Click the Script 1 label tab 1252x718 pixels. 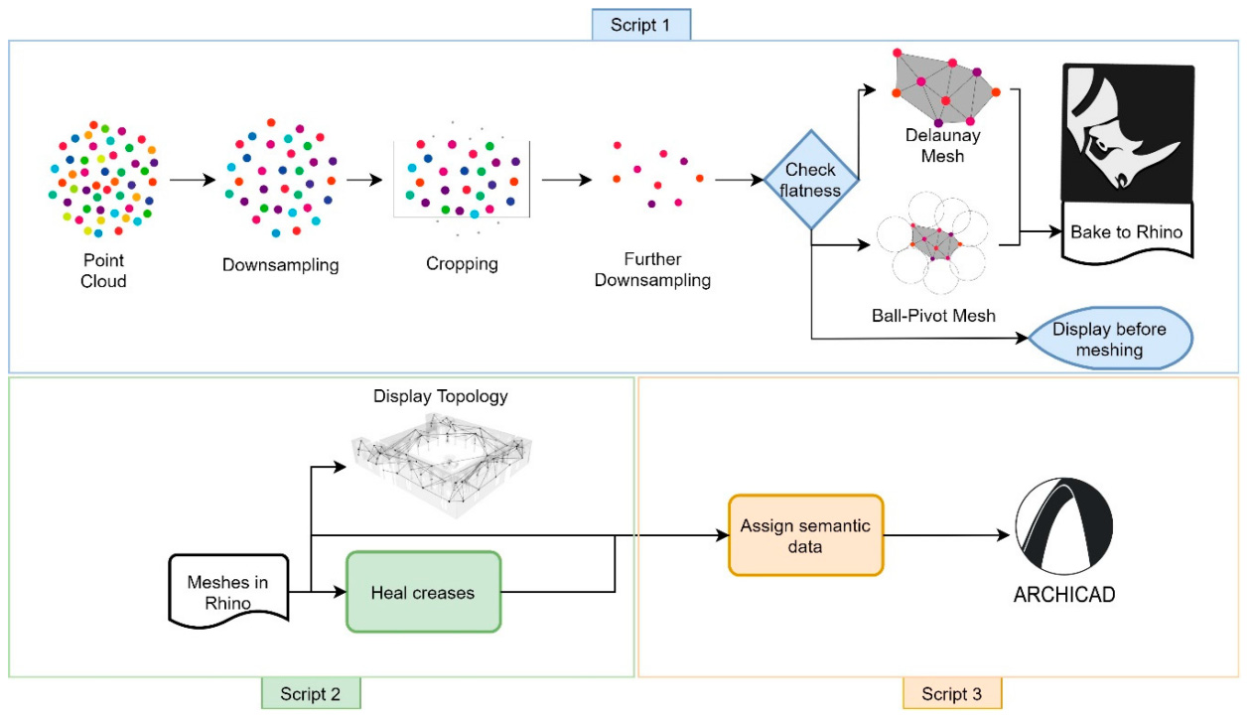640,25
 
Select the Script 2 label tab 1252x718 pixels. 310,693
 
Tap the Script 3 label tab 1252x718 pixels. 951,693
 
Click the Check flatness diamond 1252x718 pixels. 811,180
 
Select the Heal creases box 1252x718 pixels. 423,593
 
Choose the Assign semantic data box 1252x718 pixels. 805,535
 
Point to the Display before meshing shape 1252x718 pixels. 1109,339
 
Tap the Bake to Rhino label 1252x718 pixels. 1127,232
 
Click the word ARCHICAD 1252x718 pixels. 1063,596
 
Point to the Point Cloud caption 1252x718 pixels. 104,270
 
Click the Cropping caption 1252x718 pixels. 462,264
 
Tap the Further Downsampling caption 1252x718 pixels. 652,270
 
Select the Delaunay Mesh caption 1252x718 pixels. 941,144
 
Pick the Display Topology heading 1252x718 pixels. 440,396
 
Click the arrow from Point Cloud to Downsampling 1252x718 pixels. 192,181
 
